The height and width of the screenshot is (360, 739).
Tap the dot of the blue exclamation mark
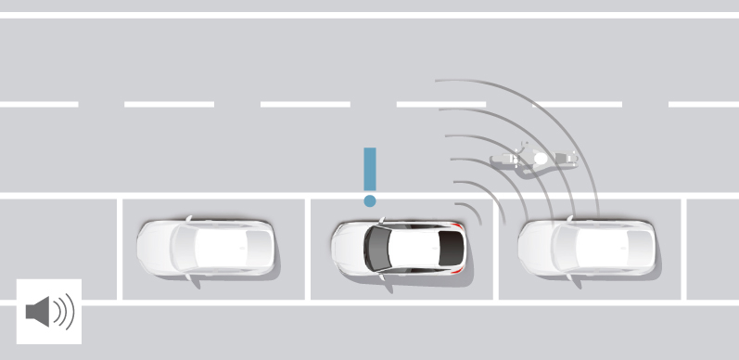point(370,199)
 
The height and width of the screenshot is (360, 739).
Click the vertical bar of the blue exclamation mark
point(370,169)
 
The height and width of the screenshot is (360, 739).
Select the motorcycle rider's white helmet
point(541,159)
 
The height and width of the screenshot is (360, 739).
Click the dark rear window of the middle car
point(451,249)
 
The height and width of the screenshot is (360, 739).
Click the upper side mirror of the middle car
point(379,221)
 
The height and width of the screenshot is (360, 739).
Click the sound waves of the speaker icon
point(63,312)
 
